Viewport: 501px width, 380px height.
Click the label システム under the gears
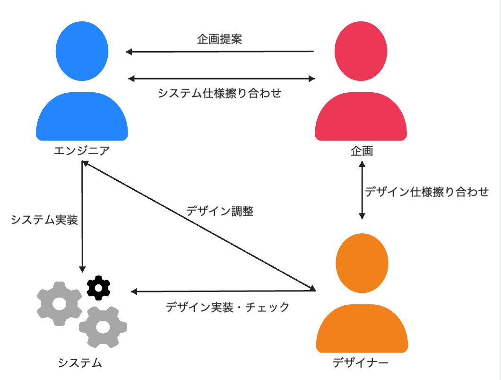[80, 363]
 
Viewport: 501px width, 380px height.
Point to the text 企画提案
[219, 39]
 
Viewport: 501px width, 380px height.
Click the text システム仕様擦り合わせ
[219, 93]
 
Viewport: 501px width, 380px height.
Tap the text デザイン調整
[220, 211]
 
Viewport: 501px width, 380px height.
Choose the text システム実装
[44, 220]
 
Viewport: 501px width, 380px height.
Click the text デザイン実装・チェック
[227, 307]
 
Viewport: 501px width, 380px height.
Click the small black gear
[99, 287]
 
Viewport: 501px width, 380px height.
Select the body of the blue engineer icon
[82, 118]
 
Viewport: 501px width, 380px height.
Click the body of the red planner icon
[361, 118]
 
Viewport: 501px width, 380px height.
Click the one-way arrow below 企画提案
[220, 52]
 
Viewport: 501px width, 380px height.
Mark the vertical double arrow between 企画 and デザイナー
[362, 190]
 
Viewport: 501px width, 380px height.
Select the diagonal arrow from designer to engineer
[199, 226]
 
